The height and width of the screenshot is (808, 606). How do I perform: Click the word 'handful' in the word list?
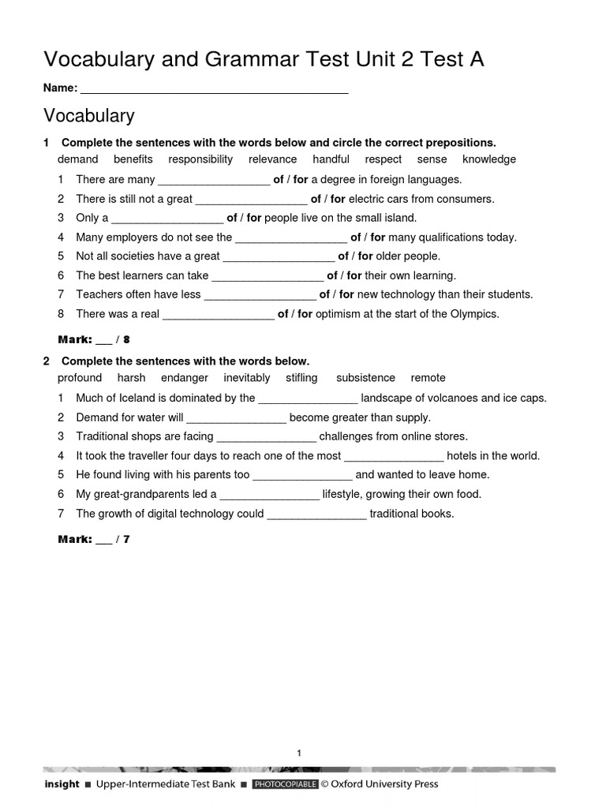[x=331, y=159]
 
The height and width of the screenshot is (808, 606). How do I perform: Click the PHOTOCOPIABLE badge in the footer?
[x=285, y=784]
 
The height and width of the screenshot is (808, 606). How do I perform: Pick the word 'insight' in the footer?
[x=62, y=784]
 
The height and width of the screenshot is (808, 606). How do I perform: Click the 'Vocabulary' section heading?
[x=89, y=116]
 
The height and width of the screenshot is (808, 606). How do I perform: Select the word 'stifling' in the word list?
[x=301, y=378]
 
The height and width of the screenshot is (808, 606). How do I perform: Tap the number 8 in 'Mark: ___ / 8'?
[x=126, y=340]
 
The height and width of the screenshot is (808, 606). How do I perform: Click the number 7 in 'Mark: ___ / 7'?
[x=126, y=539]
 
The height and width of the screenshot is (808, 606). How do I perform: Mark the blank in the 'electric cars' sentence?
[x=251, y=200]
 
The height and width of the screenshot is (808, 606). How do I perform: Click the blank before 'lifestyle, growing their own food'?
[x=269, y=495]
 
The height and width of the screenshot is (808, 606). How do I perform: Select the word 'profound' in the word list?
[x=80, y=378]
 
